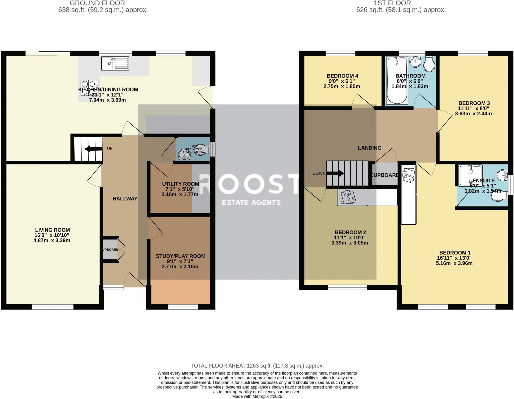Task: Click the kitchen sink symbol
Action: [115, 63]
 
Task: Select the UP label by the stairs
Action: [110, 148]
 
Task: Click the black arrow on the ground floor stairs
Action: [91, 149]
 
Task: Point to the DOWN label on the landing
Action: [319, 173]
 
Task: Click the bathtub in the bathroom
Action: [397, 80]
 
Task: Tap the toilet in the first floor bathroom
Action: [429, 64]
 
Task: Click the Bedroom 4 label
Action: [342, 76]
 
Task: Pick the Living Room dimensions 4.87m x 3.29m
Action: [52, 240]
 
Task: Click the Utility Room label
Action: [180, 184]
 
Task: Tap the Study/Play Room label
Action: [180, 256]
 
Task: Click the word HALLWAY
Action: [125, 198]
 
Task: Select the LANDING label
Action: [369, 148]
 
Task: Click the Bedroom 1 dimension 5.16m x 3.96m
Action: [455, 263]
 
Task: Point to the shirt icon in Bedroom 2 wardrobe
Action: [348, 197]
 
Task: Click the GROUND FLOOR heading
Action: [97, 3]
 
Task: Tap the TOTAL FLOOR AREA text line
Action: [257, 366]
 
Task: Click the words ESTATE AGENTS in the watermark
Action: [251, 203]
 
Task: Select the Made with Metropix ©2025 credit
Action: [257, 396]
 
